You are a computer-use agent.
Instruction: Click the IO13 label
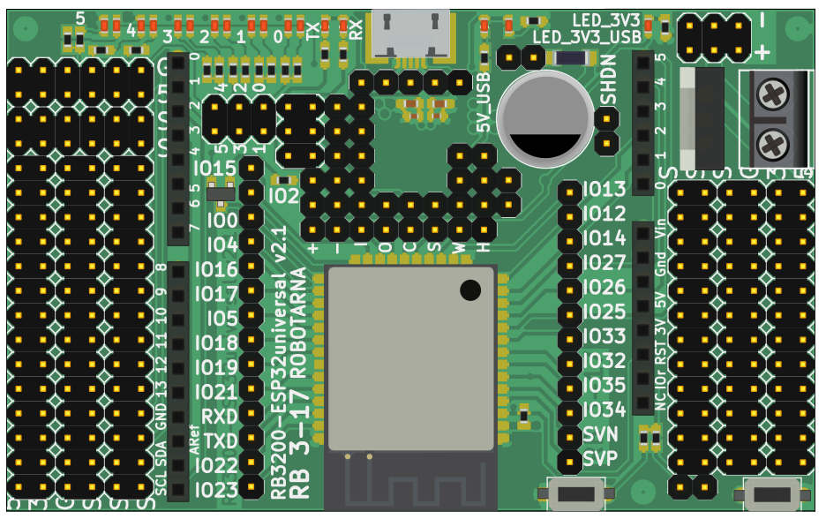[604, 189]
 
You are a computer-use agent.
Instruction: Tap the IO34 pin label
[604, 410]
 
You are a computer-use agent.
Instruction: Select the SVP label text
[600, 459]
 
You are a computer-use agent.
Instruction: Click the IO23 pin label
[216, 490]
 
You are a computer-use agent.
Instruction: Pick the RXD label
[220, 416]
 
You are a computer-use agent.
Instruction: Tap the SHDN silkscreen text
[609, 79]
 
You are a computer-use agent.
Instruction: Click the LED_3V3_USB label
[587, 36]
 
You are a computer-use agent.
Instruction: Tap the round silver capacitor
[544, 118]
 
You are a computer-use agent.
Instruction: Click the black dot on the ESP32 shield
[470, 290]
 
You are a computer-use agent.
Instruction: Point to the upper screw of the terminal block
[773, 93]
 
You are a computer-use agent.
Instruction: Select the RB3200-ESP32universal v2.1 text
[279, 363]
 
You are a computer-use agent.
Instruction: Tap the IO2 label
[284, 196]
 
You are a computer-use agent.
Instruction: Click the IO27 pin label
[604, 262]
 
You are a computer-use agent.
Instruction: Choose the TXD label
[220, 440]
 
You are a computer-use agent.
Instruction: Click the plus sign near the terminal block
[762, 52]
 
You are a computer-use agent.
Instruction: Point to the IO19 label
[216, 367]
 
